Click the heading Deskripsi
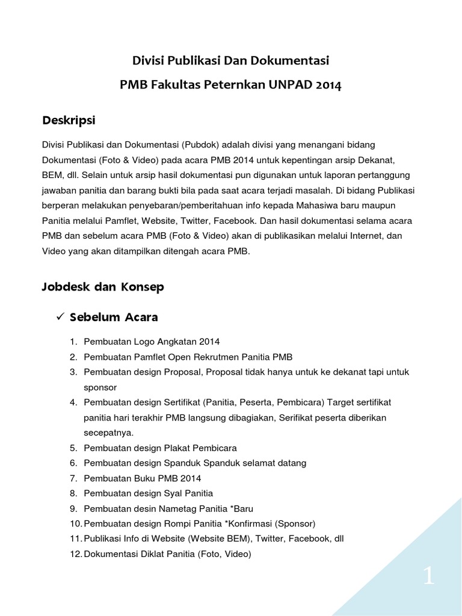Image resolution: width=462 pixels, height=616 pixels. click(x=69, y=120)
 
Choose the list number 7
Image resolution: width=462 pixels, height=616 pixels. click(x=73, y=478)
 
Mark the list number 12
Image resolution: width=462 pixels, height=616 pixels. click(x=73, y=555)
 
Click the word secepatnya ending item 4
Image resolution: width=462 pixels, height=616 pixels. click(x=109, y=433)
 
